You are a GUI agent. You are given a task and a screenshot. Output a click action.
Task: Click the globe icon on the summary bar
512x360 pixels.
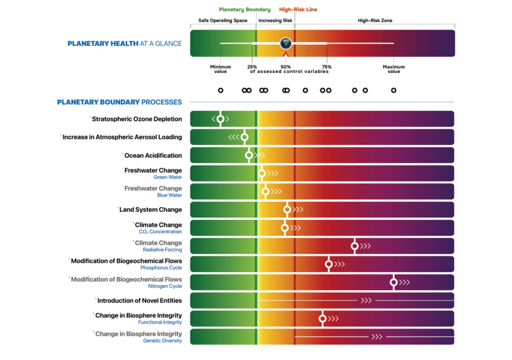(x=285, y=43)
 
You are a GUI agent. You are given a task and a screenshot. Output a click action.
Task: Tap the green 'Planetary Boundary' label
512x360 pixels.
(x=244, y=9)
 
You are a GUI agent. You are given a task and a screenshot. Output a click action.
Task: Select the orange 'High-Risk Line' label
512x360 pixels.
(x=298, y=9)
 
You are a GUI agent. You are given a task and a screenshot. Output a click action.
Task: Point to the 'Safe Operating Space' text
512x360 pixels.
(x=223, y=20)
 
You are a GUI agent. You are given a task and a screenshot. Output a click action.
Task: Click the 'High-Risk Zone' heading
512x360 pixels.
(x=375, y=20)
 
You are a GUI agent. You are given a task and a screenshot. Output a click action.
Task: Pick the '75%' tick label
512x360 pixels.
(x=326, y=67)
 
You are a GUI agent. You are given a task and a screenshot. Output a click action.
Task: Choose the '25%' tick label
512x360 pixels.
(x=252, y=67)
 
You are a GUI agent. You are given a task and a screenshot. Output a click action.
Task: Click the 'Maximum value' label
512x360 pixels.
(x=393, y=69)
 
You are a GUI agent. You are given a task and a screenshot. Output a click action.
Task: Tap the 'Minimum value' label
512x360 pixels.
(x=220, y=69)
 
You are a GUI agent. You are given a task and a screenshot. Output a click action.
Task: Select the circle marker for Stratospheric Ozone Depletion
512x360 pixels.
(x=220, y=119)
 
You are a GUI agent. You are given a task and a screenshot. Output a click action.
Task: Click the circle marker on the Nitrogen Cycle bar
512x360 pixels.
(x=393, y=282)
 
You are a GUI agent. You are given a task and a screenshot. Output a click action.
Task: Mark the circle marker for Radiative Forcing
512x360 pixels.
(x=354, y=246)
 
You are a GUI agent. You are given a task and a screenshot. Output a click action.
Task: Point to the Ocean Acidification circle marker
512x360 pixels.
(x=249, y=155)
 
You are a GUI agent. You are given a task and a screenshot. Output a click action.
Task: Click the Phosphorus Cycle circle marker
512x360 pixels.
(x=328, y=264)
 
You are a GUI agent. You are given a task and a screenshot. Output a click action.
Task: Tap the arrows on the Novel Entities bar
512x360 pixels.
(x=366, y=300)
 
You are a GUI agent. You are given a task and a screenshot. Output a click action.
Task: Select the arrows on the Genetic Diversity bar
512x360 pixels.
(x=376, y=337)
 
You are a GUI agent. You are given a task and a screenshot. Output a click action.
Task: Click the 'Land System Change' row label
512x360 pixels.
(x=150, y=209)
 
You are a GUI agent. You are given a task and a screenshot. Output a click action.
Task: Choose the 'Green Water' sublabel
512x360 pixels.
(x=167, y=177)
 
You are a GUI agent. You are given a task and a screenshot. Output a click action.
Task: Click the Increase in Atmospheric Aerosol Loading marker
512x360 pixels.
(x=244, y=137)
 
